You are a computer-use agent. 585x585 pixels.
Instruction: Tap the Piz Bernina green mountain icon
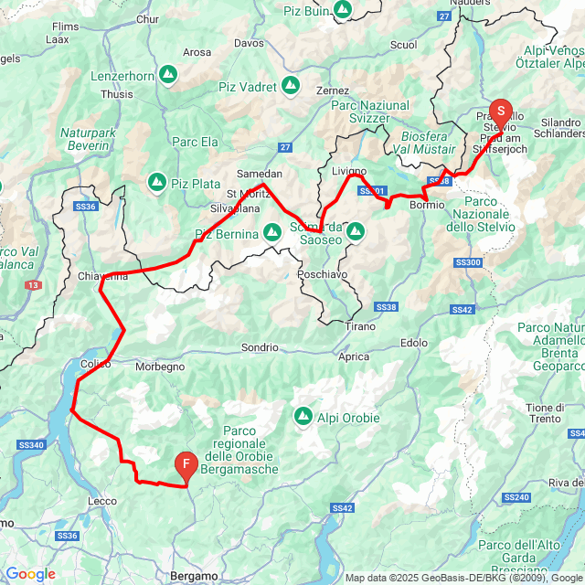[x=272, y=233]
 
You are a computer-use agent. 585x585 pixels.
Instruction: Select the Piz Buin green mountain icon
[x=342, y=10]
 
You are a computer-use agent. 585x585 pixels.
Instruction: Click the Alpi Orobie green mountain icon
[x=303, y=417]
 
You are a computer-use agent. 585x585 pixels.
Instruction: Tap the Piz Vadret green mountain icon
[x=291, y=87]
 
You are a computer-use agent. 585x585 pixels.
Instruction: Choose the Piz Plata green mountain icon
[x=156, y=183]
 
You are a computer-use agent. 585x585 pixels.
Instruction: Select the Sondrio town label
[x=260, y=347]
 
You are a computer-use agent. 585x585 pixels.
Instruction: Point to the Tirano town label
[x=360, y=325]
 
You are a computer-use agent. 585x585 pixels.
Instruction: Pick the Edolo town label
[x=414, y=343]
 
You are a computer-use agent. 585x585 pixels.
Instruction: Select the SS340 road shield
[x=30, y=445]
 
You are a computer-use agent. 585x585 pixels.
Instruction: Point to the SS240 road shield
[x=516, y=497]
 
